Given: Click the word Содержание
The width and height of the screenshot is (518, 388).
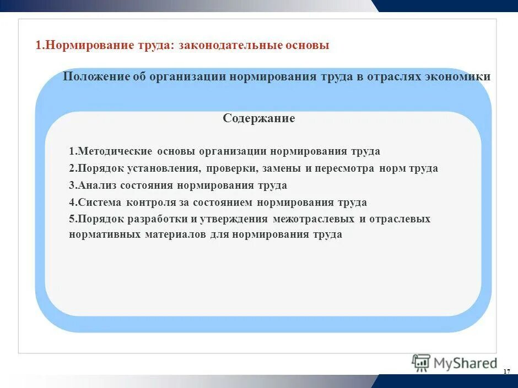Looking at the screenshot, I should pyautogui.click(x=259, y=118).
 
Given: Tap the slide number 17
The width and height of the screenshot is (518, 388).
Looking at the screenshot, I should pyautogui.click(x=507, y=373).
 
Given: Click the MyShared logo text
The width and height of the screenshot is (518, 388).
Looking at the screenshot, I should pyautogui.click(x=465, y=363).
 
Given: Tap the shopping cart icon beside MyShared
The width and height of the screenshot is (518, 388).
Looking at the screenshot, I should pyautogui.click(x=422, y=363).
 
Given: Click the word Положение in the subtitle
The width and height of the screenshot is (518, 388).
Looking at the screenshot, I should pyautogui.click(x=96, y=76).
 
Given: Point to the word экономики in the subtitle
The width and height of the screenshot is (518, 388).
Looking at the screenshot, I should pyautogui.click(x=457, y=76).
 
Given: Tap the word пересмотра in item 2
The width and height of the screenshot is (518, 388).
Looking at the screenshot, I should pyautogui.click(x=347, y=168).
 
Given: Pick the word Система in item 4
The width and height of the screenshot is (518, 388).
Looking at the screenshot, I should pyautogui.click(x=100, y=202).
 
